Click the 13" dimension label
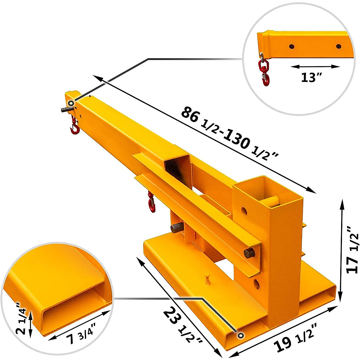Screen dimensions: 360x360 (x=311, y=77)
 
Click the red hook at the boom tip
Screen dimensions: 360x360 (x=74, y=125)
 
